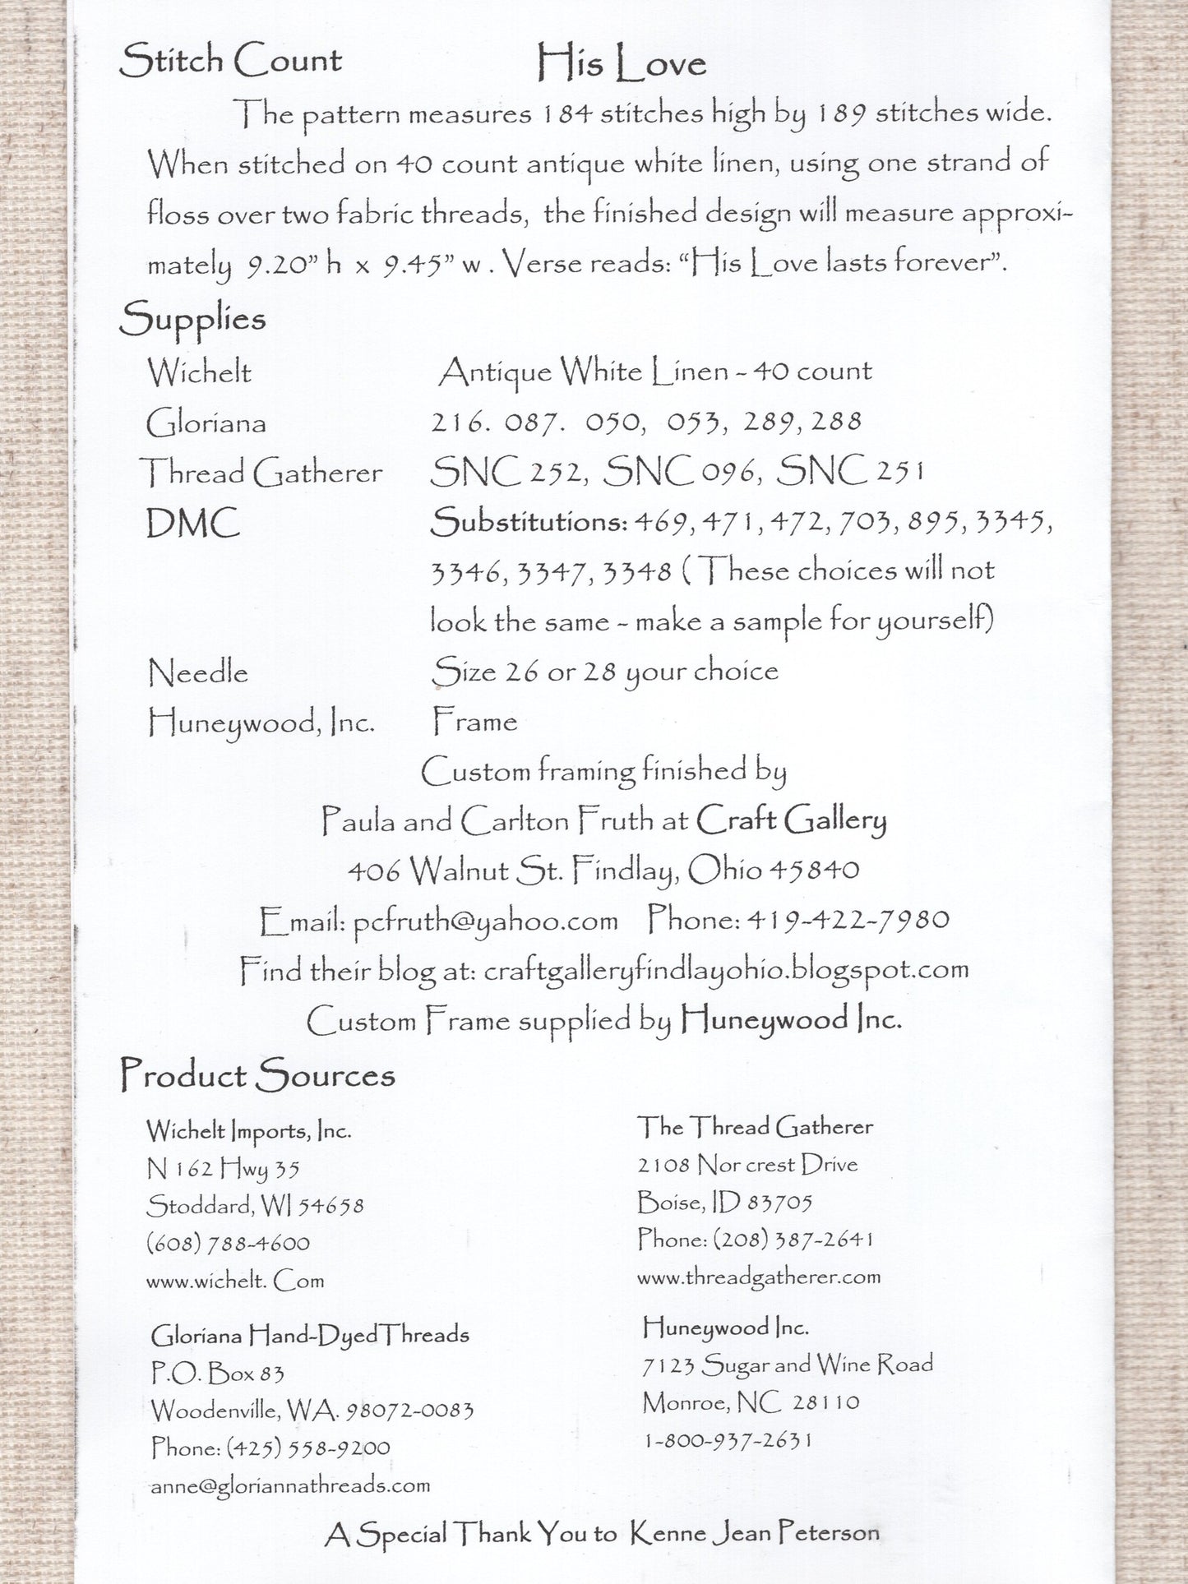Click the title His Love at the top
pyautogui.click(x=622, y=63)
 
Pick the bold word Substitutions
pyautogui.click(x=528, y=523)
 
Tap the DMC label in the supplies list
pyautogui.click(x=193, y=524)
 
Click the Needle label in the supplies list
pyautogui.click(x=197, y=673)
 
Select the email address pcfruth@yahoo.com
pyautogui.click(x=485, y=920)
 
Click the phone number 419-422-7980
pyautogui.click(x=846, y=919)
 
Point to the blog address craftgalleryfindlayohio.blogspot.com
pyautogui.click(x=726, y=970)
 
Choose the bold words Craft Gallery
pyautogui.click(x=792, y=820)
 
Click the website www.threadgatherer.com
pyautogui.click(x=758, y=1277)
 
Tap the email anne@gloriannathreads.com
pyautogui.click(x=290, y=1485)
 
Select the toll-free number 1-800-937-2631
pyautogui.click(x=728, y=1439)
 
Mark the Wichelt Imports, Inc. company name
pyautogui.click(x=249, y=1131)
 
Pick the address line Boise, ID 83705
pyautogui.click(x=724, y=1203)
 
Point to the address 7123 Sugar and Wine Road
pyautogui.click(x=788, y=1365)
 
